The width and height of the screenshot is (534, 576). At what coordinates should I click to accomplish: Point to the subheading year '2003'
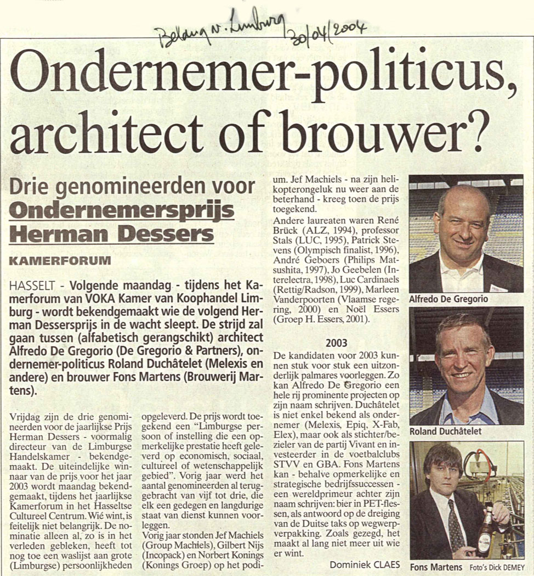(x=336, y=343)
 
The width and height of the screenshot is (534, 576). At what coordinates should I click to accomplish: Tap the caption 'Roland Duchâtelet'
(x=445, y=431)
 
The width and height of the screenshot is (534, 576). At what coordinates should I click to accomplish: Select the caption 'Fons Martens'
(x=436, y=566)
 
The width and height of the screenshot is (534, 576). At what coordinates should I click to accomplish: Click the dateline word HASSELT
(x=32, y=287)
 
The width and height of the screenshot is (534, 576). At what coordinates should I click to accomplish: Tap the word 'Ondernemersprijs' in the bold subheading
(x=122, y=211)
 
